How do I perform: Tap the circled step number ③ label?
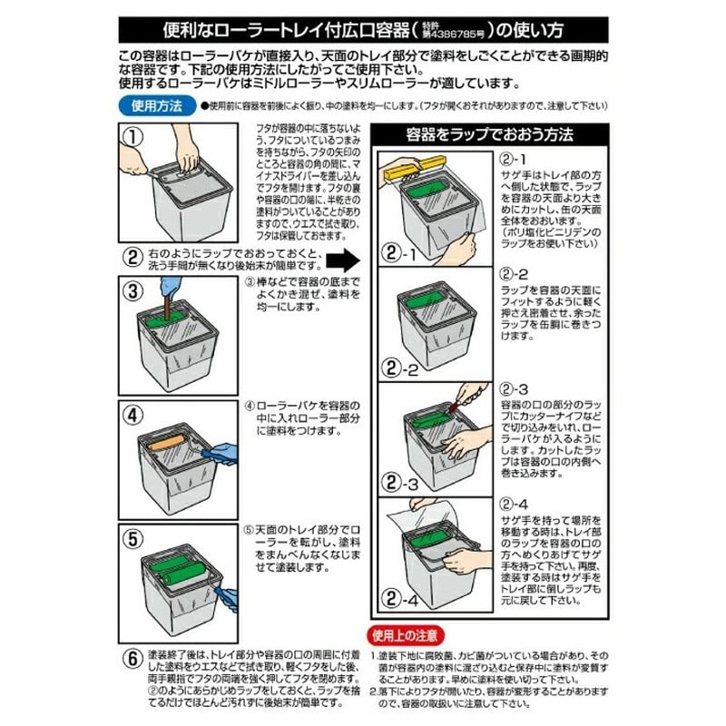(x=133, y=291)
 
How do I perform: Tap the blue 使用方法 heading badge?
(x=156, y=106)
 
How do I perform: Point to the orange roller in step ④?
(x=170, y=446)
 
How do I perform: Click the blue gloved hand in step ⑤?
(x=226, y=597)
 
